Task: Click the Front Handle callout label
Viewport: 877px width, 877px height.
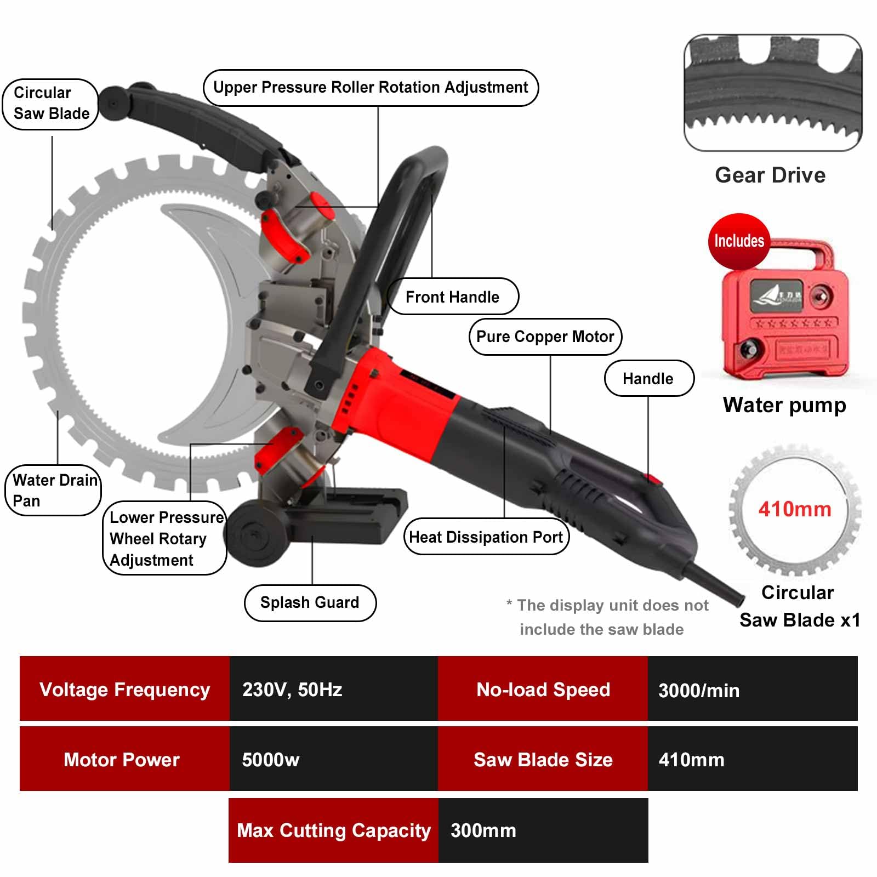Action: [x=453, y=297]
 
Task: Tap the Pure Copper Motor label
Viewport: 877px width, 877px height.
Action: [x=545, y=337]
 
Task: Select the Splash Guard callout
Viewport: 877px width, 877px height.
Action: [x=310, y=603]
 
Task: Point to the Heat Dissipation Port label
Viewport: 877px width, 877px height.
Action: [x=486, y=537]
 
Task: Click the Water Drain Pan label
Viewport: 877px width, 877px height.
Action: [x=54, y=491]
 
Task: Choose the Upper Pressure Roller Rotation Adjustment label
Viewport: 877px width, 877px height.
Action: [x=371, y=88]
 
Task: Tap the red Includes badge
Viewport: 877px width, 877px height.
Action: [x=739, y=241]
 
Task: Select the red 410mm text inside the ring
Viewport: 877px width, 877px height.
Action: [x=795, y=509]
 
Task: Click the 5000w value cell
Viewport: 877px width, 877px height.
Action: [x=333, y=759]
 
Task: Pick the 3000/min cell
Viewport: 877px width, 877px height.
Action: [x=753, y=689]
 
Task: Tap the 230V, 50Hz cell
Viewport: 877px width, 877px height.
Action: [x=333, y=689]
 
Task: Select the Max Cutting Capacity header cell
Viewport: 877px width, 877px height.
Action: [x=333, y=830]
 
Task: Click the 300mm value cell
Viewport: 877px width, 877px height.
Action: [x=543, y=830]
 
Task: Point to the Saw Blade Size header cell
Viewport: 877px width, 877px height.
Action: [x=543, y=759]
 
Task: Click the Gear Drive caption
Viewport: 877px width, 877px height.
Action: [x=770, y=175]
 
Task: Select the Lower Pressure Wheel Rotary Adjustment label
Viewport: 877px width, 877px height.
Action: [x=164, y=538]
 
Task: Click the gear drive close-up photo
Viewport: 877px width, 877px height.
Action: [x=773, y=93]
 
